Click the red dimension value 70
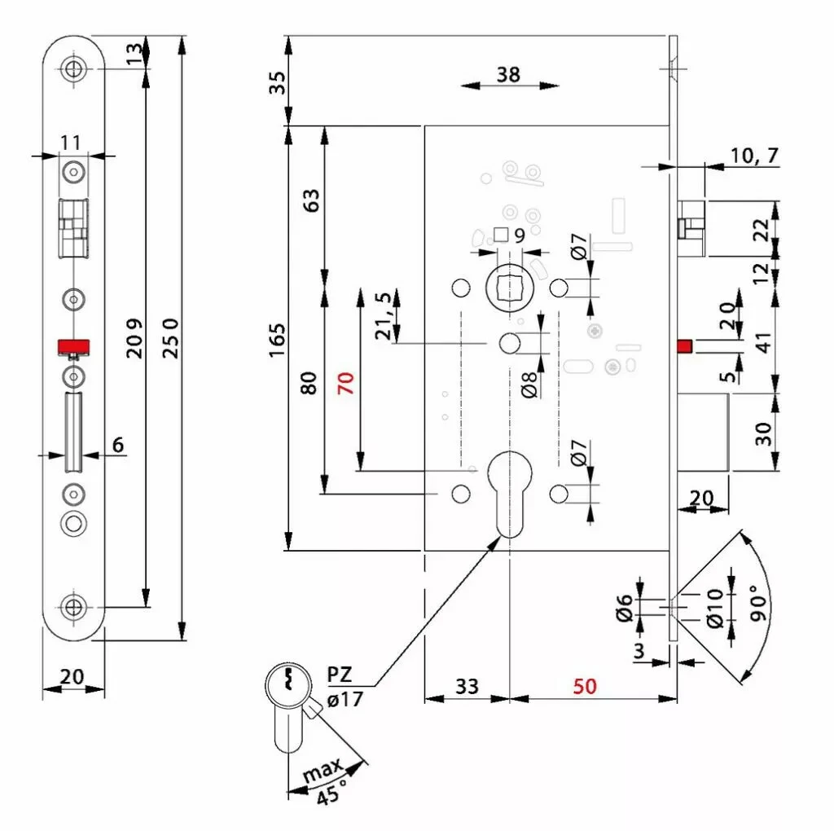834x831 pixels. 345,383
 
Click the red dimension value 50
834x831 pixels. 585,686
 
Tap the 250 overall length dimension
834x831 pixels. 170,338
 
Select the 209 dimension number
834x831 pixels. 134,338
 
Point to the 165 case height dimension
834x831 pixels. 277,340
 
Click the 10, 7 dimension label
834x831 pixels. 754,156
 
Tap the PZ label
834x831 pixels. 340,675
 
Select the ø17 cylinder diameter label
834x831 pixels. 345,699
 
